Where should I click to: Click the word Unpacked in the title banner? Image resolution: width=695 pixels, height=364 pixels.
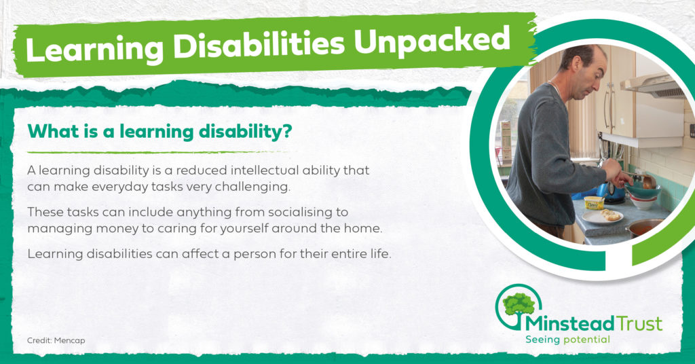[432, 41]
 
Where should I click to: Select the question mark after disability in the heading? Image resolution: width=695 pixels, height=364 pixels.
[287, 131]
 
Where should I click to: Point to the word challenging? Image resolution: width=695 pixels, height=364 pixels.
[252, 187]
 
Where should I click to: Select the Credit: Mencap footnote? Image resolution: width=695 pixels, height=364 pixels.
[56, 340]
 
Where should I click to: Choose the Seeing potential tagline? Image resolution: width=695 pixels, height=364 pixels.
[567, 340]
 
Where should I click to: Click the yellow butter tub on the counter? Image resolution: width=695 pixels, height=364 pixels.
[594, 202]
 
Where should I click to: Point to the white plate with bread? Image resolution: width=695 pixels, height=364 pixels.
[602, 216]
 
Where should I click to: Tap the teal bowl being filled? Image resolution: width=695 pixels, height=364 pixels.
[643, 192]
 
